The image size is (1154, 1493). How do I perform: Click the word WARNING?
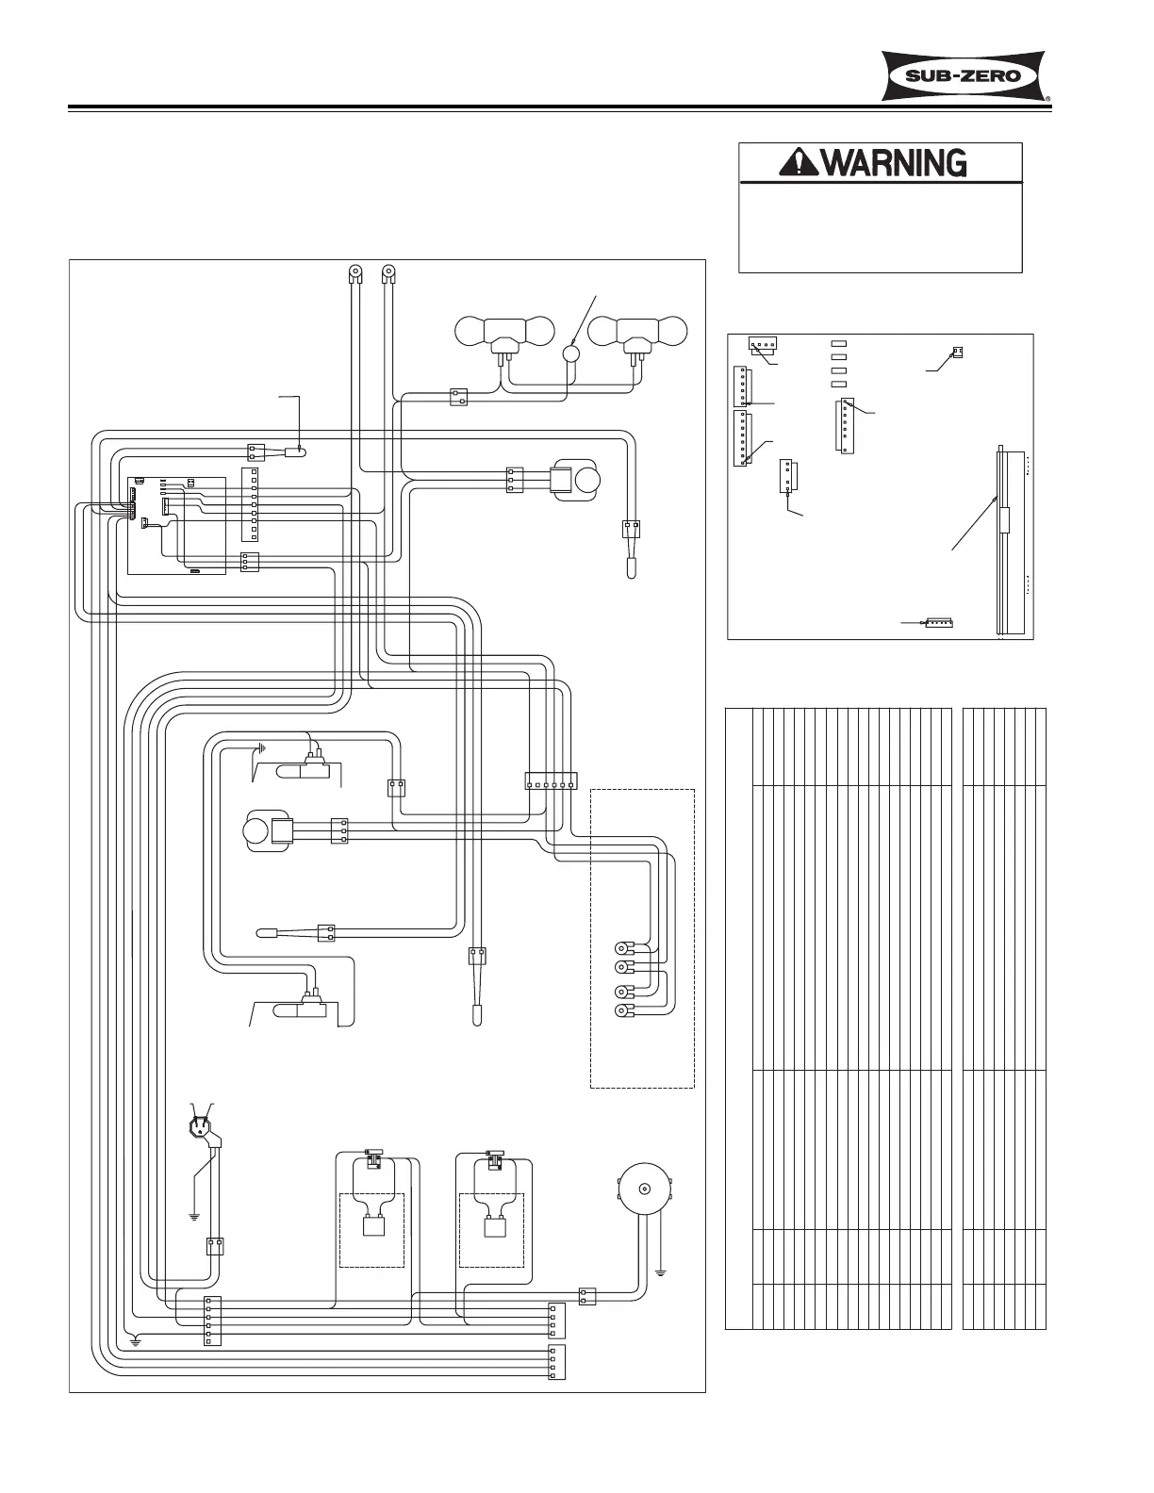tap(895, 163)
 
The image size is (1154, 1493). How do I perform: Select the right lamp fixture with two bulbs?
tap(637, 335)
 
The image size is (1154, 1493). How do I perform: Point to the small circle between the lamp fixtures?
tap(571, 353)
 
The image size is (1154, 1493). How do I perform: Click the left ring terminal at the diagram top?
tap(354, 275)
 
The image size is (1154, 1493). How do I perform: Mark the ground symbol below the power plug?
tap(193, 1215)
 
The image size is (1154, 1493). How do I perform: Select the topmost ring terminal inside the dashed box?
tap(622, 947)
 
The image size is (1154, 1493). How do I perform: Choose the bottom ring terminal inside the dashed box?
tap(622, 1012)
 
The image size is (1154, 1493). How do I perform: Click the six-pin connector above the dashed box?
tap(550, 780)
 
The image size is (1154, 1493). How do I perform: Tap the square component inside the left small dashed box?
tap(371, 1227)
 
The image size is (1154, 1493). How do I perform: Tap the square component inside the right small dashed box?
tap(492, 1227)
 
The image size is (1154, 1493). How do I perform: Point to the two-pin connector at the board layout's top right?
tap(958, 353)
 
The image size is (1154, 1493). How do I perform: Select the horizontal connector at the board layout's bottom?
tap(939, 623)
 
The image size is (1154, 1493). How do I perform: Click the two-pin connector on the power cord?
tap(215, 1246)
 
